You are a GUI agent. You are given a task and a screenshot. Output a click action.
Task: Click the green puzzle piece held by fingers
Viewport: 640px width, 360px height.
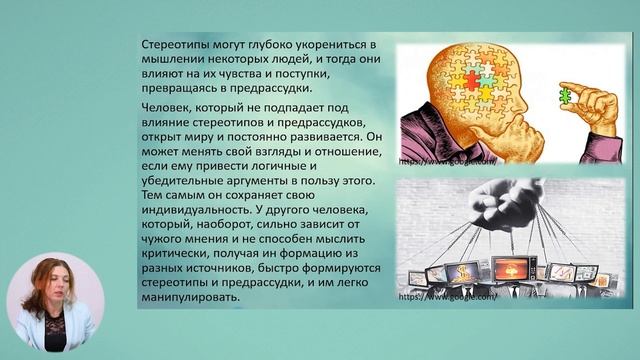(565, 96)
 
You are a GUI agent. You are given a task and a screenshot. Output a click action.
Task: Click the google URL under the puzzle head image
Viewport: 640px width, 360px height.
(445, 159)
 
